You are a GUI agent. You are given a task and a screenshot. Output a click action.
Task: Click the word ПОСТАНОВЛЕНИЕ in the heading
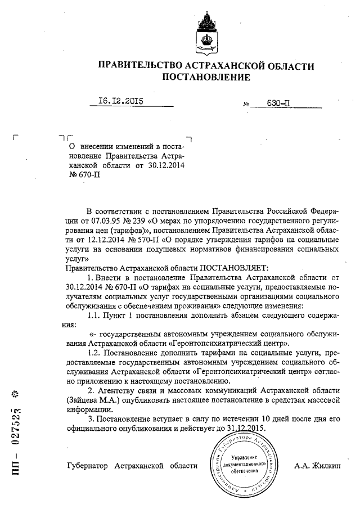click(206, 77)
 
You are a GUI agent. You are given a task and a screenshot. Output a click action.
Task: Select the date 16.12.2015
click(120, 101)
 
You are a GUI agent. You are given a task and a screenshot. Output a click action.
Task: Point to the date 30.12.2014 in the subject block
click(167, 166)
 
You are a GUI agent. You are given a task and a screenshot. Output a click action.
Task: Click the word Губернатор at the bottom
click(88, 466)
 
